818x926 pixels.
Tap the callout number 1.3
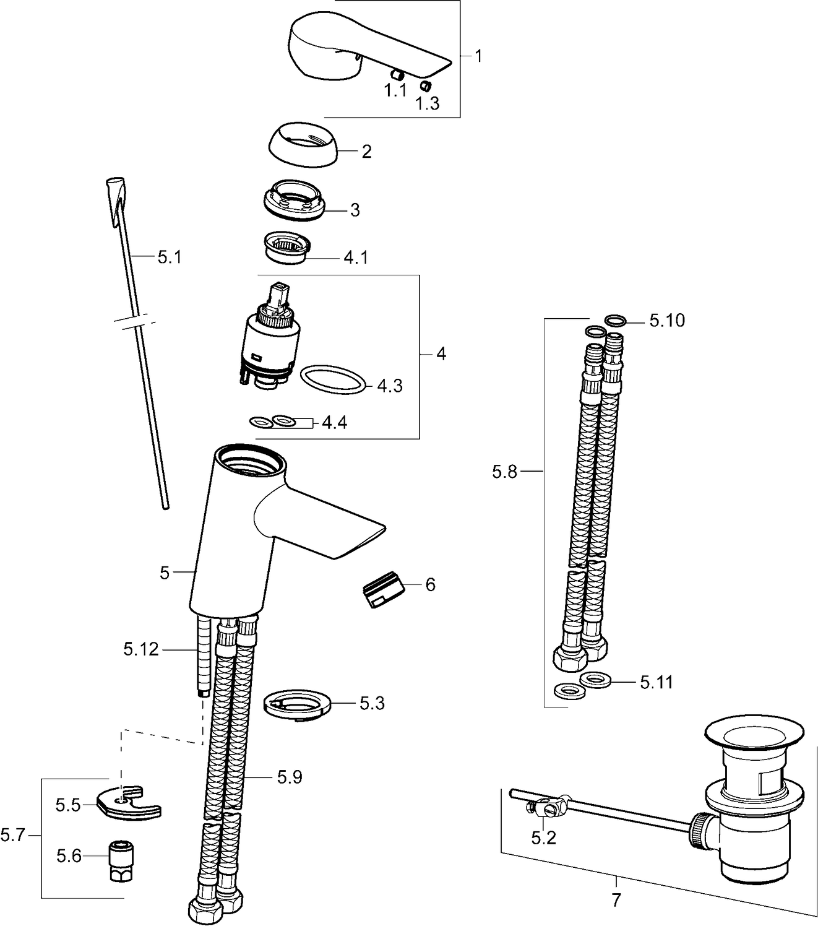(428, 103)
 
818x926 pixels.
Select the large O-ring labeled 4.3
(333, 379)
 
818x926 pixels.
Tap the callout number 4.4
(334, 423)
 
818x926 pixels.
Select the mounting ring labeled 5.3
(297, 704)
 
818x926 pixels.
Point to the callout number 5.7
(12, 836)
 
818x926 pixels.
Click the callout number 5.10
(667, 321)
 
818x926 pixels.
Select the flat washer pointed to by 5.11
(595, 680)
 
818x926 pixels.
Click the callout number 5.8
(504, 472)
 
